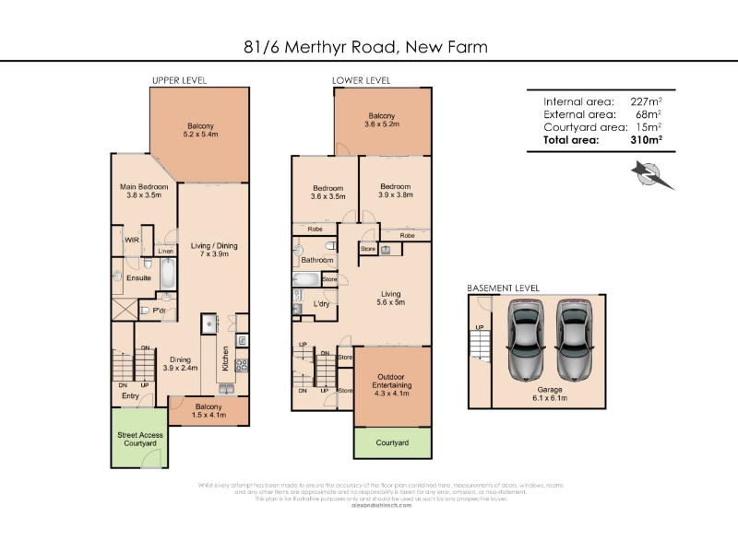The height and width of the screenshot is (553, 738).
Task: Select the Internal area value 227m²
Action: (643, 101)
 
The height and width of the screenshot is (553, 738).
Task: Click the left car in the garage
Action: (525, 342)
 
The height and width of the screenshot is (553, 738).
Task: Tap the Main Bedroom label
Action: (144, 191)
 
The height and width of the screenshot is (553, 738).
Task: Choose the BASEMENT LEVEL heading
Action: (503, 288)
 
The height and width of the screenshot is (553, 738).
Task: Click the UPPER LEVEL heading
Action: (179, 80)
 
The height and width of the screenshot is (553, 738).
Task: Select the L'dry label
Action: (322, 303)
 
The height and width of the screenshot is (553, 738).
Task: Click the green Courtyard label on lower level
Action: (392, 442)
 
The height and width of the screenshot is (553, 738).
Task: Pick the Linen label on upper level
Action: (166, 251)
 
